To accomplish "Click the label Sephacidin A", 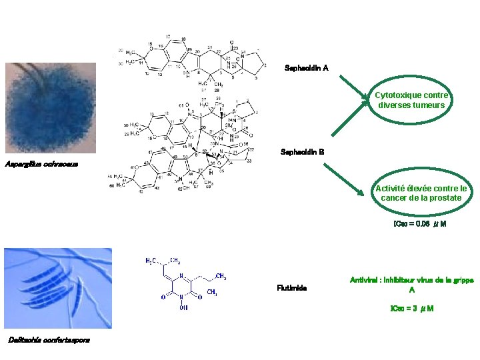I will [x=306, y=68].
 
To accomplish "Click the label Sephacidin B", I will [x=303, y=152].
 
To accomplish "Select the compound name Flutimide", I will [x=291, y=288].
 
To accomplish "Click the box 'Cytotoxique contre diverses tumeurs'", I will [x=413, y=100].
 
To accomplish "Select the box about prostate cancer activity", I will [x=421, y=193].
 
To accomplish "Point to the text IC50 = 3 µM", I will [x=411, y=309].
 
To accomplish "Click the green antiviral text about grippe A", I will [x=411, y=285].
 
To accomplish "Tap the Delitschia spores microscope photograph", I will [x=57, y=288].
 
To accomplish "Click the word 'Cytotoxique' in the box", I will [x=397, y=95].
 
